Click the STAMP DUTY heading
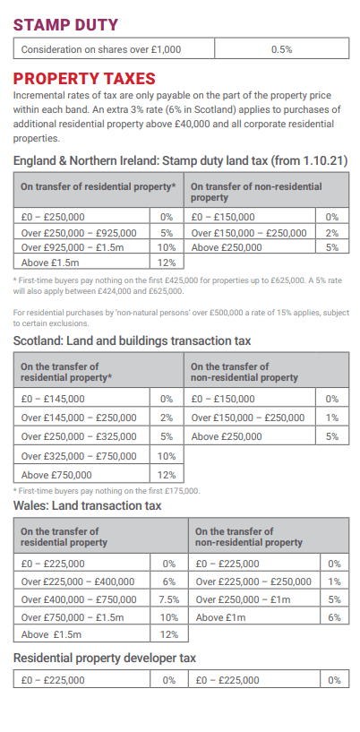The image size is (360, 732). click(65, 25)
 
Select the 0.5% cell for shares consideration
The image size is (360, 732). click(282, 49)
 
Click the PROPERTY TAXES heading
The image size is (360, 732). click(84, 79)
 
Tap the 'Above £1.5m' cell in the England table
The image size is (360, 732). click(81, 262)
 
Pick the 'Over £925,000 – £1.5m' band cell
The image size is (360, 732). click(81, 247)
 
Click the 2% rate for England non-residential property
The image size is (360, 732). click(332, 232)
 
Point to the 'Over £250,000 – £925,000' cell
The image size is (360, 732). click(81, 232)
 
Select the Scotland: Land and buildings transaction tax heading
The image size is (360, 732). click(132, 340)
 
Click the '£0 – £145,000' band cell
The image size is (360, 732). click(81, 399)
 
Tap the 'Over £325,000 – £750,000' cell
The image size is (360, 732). click(81, 456)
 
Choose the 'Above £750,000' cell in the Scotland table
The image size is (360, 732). click(81, 475)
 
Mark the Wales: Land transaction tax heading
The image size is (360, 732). click(87, 505)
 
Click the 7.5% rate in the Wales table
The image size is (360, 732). click(169, 599)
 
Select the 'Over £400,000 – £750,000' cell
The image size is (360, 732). click(81, 599)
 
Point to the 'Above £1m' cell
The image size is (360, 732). click(254, 617)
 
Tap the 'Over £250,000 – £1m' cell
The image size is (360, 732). click(254, 599)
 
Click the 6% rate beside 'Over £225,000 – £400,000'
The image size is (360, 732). click(169, 581)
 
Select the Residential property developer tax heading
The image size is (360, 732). click(105, 658)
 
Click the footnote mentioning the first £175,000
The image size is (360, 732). click(107, 491)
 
